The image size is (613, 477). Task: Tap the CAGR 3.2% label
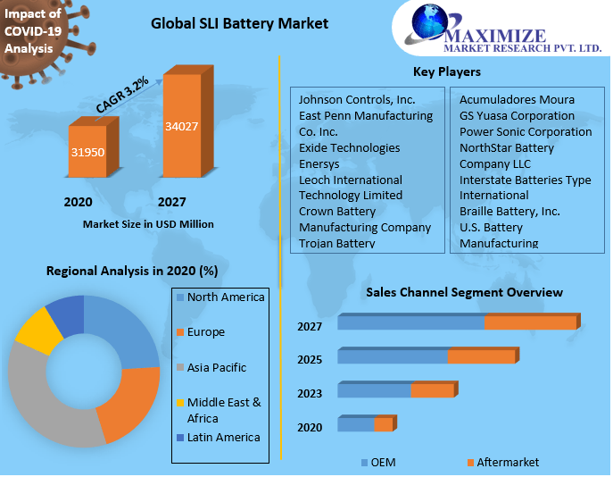122,95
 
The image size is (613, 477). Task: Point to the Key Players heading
446,71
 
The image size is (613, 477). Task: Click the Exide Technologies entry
349,147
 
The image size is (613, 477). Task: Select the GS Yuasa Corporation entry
517,115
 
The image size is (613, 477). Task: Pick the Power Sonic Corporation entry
525,131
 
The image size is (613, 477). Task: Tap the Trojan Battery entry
336,243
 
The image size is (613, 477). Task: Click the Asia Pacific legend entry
216,367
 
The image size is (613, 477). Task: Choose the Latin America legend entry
223,437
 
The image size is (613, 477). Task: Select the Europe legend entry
205,332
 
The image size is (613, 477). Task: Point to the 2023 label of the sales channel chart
310,393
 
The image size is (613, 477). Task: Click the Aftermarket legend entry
507,462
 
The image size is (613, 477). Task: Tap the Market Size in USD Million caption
148,224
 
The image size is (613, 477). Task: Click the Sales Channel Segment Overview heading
464,292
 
